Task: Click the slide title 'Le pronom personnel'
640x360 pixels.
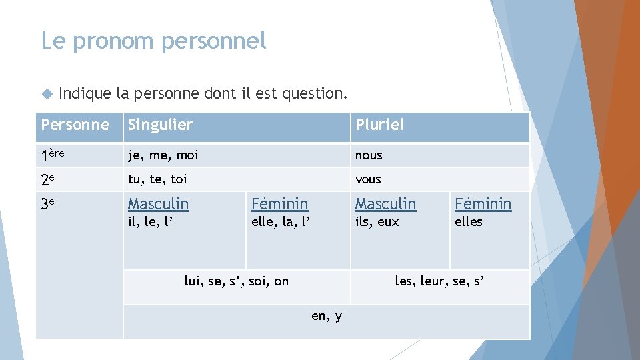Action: pyautogui.click(x=153, y=41)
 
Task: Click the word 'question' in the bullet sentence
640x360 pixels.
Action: pyautogui.click(x=312, y=93)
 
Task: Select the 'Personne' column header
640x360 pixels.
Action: pyautogui.click(x=75, y=125)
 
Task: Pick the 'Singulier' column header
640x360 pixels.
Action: pyautogui.click(x=160, y=125)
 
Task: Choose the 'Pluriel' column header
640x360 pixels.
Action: pyautogui.click(x=379, y=125)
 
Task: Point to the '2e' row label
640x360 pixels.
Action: pyautogui.click(x=47, y=179)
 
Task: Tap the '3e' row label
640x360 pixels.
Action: pyautogui.click(x=47, y=204)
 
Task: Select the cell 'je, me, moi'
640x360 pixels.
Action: pyautogui.click(x=163, y=155)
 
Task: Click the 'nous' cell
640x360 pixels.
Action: pyautogui.click(x=369, y=155)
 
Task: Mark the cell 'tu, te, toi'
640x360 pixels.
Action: pyautogui.click(x=157, y=179)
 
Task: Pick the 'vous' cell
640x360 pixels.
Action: pyautogui.click(x=368, y=179)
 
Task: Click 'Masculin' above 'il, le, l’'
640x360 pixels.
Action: pyautogui.click(x=158, y=203)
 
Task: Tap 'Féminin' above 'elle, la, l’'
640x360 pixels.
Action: pyautogui.click(x=279, y=203)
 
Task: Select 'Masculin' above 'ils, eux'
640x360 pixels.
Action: pyautogui.click(x=385, y=203)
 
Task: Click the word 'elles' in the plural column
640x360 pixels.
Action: pyautogui.click(x=469, y=222)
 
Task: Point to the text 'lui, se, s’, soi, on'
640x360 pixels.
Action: pyautogui.click(x=237, y=281)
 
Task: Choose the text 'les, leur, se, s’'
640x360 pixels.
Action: pyautogui.click(x=439, y=281)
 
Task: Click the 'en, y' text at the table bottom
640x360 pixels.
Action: pyautogui.click(x=327, y=316)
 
